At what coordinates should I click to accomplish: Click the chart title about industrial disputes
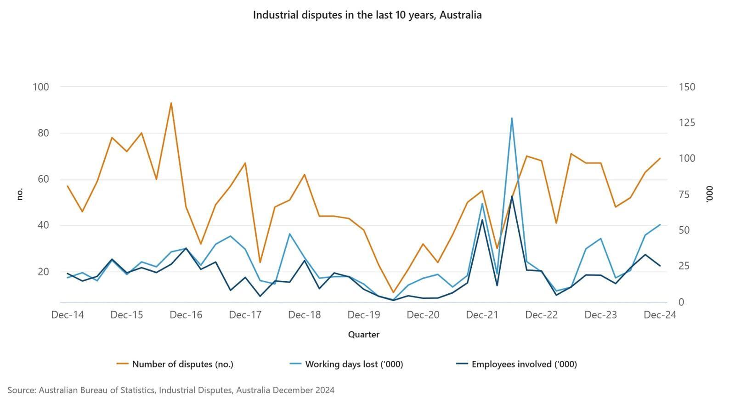pos(367,15)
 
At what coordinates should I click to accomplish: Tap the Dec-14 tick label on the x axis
pos(68,315)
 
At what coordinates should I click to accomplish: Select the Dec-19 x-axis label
pos(364,315)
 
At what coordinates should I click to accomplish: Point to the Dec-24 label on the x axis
pos(660,315)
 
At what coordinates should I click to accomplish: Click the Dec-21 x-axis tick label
pos(482,315)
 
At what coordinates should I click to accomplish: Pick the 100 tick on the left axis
pos(41,87)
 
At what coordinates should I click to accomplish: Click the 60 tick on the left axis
pos(43,179)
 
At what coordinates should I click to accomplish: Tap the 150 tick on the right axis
pos(687,87)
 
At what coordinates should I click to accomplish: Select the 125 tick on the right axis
pos(687,123)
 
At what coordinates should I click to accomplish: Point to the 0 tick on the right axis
pos(681,302)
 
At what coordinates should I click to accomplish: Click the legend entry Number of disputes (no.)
pos(182,364)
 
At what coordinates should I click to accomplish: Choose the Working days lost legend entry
pos(354,364)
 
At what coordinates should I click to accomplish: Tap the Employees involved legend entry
pos(524,364)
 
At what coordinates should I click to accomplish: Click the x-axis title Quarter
pos(363,335)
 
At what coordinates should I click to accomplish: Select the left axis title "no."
pos(19,195)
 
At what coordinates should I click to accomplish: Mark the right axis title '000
pos(709,194)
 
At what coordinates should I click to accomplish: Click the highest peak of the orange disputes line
pos(171,103)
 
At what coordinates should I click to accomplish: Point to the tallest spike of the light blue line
pos(512,118)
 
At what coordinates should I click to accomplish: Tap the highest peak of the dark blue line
pos(512,196)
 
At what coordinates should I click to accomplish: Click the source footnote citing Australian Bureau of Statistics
pos(171,391)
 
